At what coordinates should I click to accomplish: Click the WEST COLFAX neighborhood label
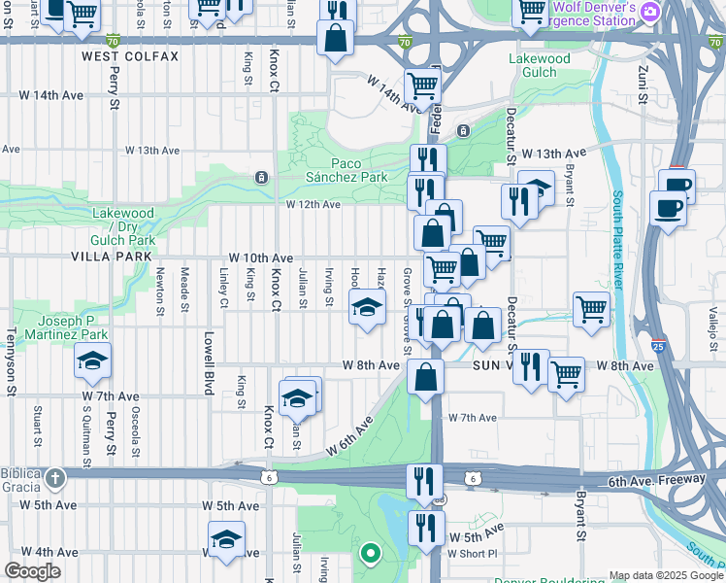click(x=130, y=56)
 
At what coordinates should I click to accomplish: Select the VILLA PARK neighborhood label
click(x=112, y=257)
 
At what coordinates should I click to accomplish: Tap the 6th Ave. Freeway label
click(x=657, y=481)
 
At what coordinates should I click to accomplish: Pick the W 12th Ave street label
click(x=313, y=204)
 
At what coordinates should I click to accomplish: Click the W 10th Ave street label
click(x=260, y=257)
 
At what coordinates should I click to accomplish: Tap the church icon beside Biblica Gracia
click(x=55, y=477)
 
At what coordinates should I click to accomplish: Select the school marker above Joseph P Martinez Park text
click(x=93, y=361)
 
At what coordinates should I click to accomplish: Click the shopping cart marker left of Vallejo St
click(x=591, y=310)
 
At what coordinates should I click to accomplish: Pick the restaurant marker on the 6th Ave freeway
click(x=425, y=480)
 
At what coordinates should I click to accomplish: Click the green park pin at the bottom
click(x=370, y=555)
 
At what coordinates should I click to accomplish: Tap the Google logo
click(x=33, y=571)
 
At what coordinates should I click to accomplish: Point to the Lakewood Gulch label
click(x=540, y=65)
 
